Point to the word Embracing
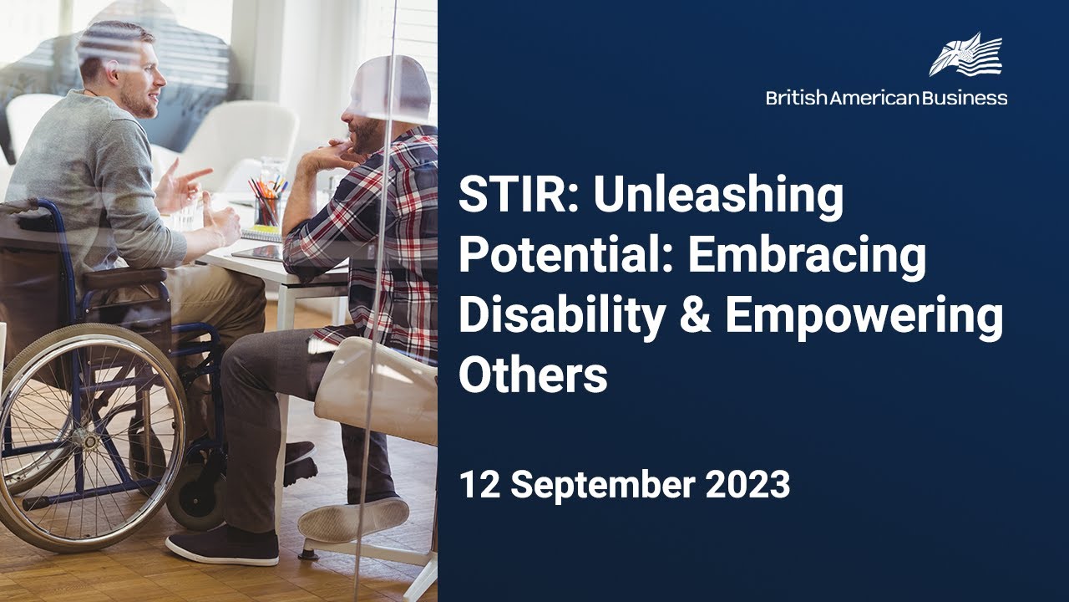pyautogui.click(x=807, y=257)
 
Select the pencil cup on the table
pyautogui.click(x=266, y=207)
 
